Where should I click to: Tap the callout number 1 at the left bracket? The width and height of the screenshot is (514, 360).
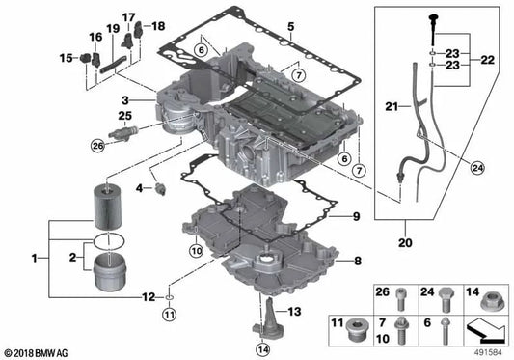(x=37, y=259)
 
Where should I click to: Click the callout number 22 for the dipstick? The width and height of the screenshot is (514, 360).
(x=488, y=61)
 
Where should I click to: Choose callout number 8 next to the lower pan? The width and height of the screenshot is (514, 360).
(x=358, y=260)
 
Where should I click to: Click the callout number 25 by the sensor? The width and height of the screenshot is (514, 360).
(x=123, y=116)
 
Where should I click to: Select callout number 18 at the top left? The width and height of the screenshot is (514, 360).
(x=159, y=25)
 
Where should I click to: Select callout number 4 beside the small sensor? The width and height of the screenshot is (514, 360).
(x=139, y=185)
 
